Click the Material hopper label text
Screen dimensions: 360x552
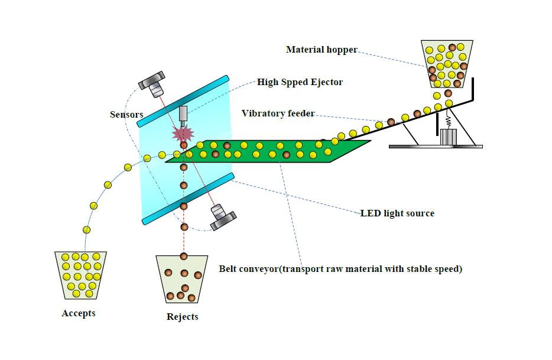coord(322,50)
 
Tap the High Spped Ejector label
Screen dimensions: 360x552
coord(300,82)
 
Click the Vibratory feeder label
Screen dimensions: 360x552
coord(278,113)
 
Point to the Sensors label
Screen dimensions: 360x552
coord(126,114)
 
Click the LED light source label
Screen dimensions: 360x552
coord(397,213)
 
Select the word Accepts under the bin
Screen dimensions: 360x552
coord(79,313)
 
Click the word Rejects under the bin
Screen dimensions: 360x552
coord(183,317)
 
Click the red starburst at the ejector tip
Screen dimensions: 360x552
coord(183,133)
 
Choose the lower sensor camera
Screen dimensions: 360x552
coord(220,216)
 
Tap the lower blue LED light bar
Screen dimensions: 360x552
coord(188,199)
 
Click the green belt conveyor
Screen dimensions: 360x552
coord(269,151)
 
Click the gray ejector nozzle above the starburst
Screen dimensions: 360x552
coord(183,114)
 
